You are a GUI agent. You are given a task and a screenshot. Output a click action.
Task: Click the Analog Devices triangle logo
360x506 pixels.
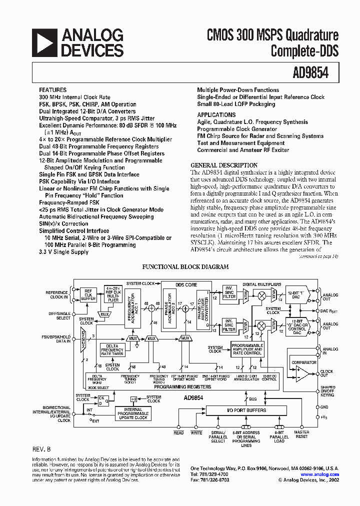45,42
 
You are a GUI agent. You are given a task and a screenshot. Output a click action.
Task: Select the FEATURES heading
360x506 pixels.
52,90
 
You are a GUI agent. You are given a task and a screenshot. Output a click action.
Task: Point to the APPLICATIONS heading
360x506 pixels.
216,114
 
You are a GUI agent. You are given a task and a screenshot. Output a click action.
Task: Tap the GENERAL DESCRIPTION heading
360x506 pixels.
224,165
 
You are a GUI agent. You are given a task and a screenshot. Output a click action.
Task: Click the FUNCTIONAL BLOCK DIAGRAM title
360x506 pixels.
185,267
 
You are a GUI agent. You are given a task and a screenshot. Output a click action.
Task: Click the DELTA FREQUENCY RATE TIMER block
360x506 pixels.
112,349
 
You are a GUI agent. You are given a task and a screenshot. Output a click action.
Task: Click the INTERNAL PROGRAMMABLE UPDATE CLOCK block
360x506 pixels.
133,413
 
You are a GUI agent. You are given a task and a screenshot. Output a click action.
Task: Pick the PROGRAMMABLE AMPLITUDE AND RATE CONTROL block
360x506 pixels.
246,348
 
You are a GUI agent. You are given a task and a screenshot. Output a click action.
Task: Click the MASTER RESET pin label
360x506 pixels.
301,435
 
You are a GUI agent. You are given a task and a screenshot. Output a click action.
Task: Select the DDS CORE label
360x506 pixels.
186,284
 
